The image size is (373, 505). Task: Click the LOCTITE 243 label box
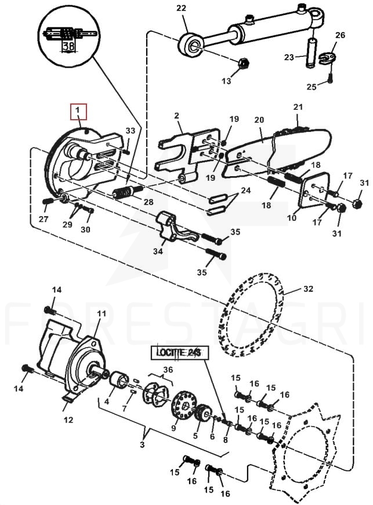coord(179,353)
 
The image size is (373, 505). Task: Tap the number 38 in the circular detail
coord(69,46)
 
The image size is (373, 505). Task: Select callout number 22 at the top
coord(181,8)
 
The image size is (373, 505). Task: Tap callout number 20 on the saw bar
coord(259,120)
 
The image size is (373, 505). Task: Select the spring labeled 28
coord(128,192)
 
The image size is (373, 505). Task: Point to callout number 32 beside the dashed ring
coord(307,289)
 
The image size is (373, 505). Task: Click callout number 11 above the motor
coord(102,313)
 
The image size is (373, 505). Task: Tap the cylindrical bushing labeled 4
coord(119,380)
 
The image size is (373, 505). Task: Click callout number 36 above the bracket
coord(168,370)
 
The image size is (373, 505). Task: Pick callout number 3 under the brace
coord(142,445)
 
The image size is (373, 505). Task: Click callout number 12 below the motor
coord(68,420)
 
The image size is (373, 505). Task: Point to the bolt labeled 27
coord(47,201)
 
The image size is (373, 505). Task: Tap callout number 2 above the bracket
coord(176,115)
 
